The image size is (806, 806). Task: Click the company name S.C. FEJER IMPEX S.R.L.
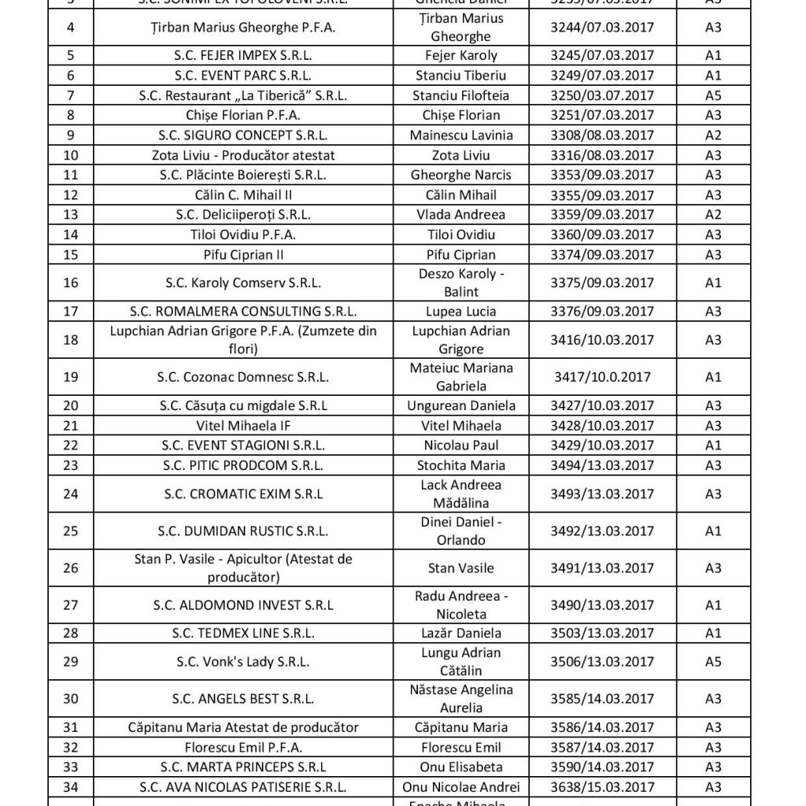(243, 56)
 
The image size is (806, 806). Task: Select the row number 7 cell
(71, 95)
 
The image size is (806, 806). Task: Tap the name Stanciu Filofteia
(460, 95)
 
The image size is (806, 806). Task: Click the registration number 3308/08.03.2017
(603, 135)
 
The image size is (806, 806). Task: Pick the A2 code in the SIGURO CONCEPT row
(713, 135)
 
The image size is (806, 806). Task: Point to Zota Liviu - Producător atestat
(243, 155)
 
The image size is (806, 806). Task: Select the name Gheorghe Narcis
(460, 175)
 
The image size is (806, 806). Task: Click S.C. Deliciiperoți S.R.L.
(243, 214)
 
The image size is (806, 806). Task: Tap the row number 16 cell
(71, 283)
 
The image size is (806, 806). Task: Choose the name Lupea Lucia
(460, 312)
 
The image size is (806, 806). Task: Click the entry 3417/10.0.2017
(603, 377)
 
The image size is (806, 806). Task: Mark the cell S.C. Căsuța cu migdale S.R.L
(243, 406)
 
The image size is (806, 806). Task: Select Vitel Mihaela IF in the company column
(243, 426)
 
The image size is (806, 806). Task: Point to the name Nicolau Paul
(460, 446)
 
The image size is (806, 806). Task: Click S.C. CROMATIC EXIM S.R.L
(243, 494)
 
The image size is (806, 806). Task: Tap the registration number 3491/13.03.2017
(603, 568)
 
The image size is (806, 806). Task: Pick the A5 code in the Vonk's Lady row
(713, 662)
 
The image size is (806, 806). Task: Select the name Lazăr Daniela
(460, 633)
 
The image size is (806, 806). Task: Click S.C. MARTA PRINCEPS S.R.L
(243, 767)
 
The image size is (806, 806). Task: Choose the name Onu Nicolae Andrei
(460, 786)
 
